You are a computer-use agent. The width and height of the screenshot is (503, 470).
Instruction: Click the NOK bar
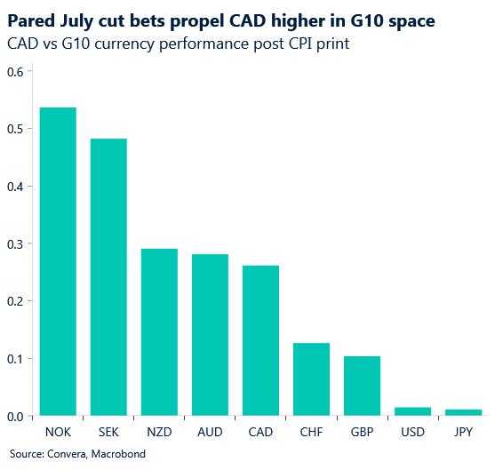[x=58, y=261]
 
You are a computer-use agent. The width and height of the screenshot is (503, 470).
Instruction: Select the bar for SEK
[x=108, y=277]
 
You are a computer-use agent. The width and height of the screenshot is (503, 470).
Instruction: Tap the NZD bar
[x=159, y=332]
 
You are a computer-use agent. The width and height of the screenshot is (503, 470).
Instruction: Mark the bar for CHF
[x=311, y=379]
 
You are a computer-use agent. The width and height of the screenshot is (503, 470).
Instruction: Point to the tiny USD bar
[x=412, y=411]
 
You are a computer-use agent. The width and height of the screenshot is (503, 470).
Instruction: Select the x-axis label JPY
[x=463, y=433]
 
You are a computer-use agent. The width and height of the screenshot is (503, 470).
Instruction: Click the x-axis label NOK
[x=58, y=433]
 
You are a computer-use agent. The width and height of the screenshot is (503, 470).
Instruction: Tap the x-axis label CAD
[x=260, y=433]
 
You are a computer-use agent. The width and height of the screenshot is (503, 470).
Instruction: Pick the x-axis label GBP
[x=362, y=433]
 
